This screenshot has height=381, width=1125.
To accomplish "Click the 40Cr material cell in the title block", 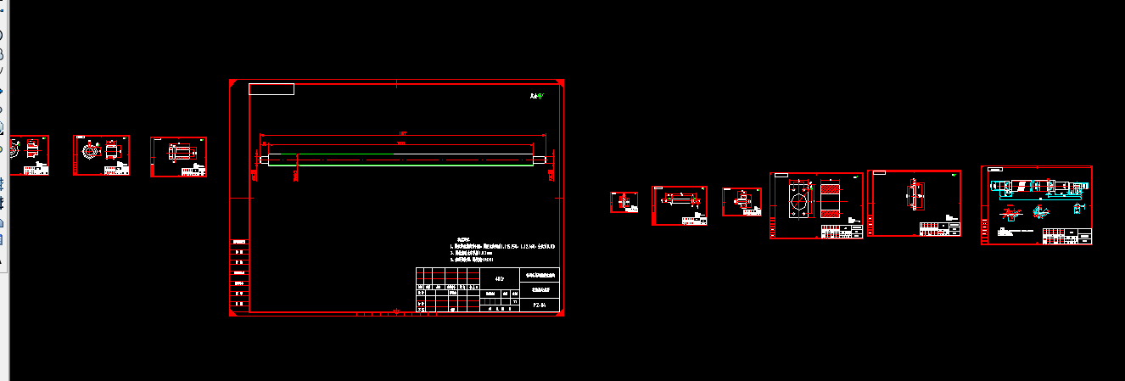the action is pos(500,277).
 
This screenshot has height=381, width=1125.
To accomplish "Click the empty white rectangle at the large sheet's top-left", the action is pos(271,89).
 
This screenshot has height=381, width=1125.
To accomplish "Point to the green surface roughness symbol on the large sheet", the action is pos(535,97).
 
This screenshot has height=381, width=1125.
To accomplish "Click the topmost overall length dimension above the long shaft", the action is pos(403,134).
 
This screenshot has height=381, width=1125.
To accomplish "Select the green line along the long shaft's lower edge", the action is pos(399,165).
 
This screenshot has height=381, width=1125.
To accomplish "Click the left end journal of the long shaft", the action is pos(264,159).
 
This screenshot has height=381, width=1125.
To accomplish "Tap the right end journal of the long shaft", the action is pos(540,159).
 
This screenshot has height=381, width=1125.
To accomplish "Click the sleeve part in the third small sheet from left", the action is pos(181,152).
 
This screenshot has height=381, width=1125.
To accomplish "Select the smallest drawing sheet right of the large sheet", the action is pos(624,202).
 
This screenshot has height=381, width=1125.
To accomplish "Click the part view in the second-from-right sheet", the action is pos(915,194).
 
